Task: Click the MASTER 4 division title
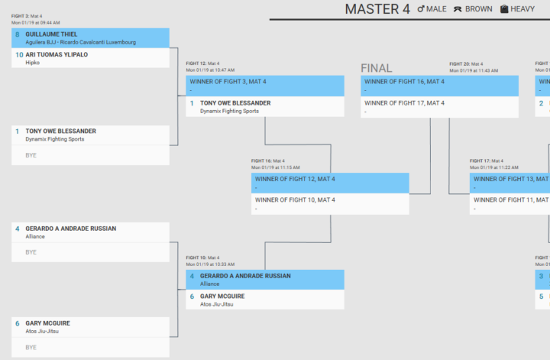(377, 9)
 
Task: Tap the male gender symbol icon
(421, 9)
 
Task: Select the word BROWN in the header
(478, 9)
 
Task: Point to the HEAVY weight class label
(523, 9)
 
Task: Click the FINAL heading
(376, 68)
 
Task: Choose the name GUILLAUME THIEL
(52, 34)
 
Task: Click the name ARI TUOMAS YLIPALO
(57, 55)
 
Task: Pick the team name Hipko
(33, 63)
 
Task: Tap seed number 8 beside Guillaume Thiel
(18, 34)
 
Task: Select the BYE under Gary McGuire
(31, 347)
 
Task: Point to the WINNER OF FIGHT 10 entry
(295, 199)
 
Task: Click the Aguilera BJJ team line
(80, 42)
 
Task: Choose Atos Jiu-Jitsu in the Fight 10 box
(217, 304)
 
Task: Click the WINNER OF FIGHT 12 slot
(295, 179)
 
